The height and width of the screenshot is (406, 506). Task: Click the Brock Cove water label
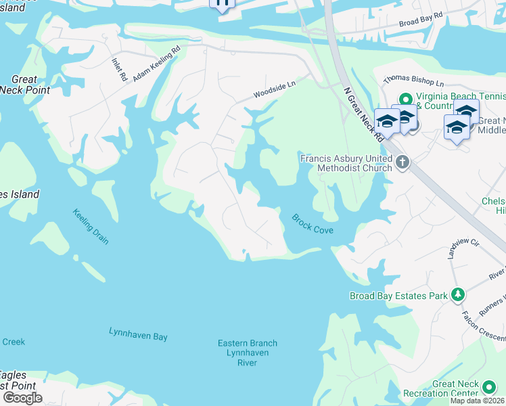click(x=313, y=224)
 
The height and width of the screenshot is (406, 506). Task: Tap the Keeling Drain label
click(x=91, y=227)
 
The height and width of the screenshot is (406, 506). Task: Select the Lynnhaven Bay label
click(x=138, y=334)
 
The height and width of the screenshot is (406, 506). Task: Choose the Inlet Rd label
click(x=118, y=68)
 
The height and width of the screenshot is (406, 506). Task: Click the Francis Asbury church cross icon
click(x=403, y=162)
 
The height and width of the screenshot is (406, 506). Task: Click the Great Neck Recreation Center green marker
click(x=489, y=386)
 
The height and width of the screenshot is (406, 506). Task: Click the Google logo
click(x=23, y=397)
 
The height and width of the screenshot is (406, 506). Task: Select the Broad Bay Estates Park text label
click(x=398, y=296)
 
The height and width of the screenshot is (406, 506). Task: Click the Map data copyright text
click(x=478, y=401)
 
